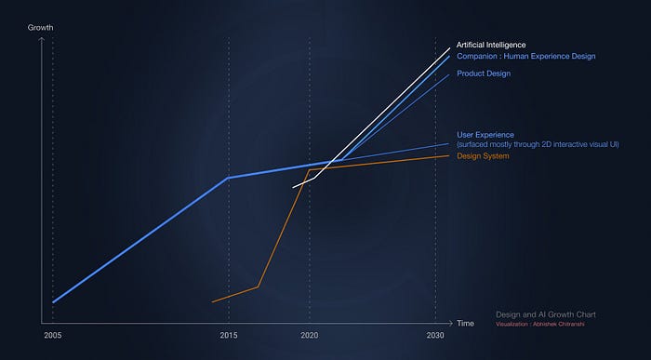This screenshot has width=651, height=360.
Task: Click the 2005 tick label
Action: pyautogui.click(x=52, y=335)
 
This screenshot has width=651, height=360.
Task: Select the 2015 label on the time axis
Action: pyautogui.click(x=228, y=335)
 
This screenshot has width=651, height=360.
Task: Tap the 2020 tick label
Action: pyautogui.click(x=310, y=335)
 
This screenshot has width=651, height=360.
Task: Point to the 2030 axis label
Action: pyautogui.click(x=434, y=335)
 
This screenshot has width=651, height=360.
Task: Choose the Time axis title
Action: pyautogui.click(x=465, y=323)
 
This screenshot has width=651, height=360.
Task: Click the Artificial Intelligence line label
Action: pyautogui.click(x=491, y=45)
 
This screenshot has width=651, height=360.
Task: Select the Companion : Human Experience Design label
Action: pyautogui.click(x=525, y=57)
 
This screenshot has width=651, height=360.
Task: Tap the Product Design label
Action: pyautogui.click(x=484, y=73)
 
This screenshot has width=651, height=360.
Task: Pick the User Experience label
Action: pyautogui.click(x=486, y=135)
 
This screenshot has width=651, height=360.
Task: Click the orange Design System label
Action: pyautogui.click(x=483, y=155)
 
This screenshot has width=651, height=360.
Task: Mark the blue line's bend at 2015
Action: pyautogui.click(x=228, y=178)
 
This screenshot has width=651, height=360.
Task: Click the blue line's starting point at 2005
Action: pyautogui.click(x=53, y=302)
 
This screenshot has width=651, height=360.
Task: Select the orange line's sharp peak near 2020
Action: pyautogui.click(x=309, y=170)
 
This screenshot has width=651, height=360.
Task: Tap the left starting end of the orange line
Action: pyautogui.click(x=213, y=301)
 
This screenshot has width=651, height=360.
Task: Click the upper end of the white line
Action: pyautogui.click(x=450, y=47)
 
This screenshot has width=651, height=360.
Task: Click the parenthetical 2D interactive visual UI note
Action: pyautogui.click(x=538, y=144)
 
